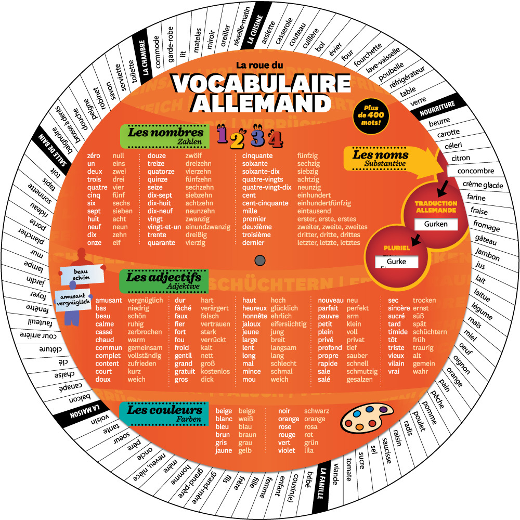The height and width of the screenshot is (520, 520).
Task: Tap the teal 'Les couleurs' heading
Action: pyautogui.click(x=163, y=412)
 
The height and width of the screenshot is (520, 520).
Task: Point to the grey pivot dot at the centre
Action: pyautogui.click(x=261, y=260)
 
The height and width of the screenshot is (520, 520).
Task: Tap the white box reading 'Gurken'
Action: pyautogui.click(x=436, y=225)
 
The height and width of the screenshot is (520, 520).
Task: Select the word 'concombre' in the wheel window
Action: pyautogui.click(x=476, y=171)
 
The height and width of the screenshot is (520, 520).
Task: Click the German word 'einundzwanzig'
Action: pyautogui.click(x=207, y=227)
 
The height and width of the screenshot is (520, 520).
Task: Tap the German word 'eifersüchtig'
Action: pyautogui.click(x=289, y=324)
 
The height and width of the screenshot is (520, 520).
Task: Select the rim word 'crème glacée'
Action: pyautogui.click(x=483, y=185)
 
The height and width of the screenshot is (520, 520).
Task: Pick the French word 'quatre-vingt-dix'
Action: pyautogui.click(x=267, y=187)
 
